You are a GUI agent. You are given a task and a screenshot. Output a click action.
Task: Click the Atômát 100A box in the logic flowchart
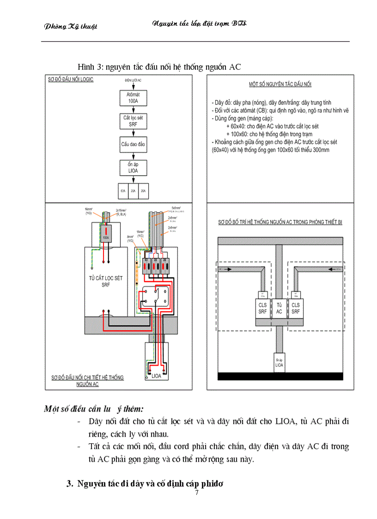[133, 98]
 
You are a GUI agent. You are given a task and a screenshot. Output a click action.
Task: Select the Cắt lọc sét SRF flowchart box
[133, 121]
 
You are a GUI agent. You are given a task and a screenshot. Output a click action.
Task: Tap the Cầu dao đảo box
[133, 145]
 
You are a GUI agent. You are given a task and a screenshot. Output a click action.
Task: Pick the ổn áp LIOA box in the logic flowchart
[133, 168]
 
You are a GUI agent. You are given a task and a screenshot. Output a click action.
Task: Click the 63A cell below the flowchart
[122, 190]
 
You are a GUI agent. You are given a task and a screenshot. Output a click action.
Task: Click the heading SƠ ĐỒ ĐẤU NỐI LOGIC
[71, 79]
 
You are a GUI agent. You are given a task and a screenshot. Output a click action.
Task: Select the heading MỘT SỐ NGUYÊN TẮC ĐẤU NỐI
[280, 85]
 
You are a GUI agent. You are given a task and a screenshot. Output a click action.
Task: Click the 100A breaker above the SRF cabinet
[106, 235]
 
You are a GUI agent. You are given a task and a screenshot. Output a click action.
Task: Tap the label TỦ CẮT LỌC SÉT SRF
[106, 281]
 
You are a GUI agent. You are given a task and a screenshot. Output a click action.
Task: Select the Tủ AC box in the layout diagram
[279, 308]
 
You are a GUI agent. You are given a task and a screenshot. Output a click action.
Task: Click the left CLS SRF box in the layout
[262, 308]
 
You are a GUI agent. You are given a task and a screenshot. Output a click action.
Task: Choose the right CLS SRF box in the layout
[295, 308]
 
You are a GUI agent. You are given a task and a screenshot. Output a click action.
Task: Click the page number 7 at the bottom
[197, 493]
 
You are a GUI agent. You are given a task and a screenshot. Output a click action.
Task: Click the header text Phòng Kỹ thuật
[71, 26]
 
